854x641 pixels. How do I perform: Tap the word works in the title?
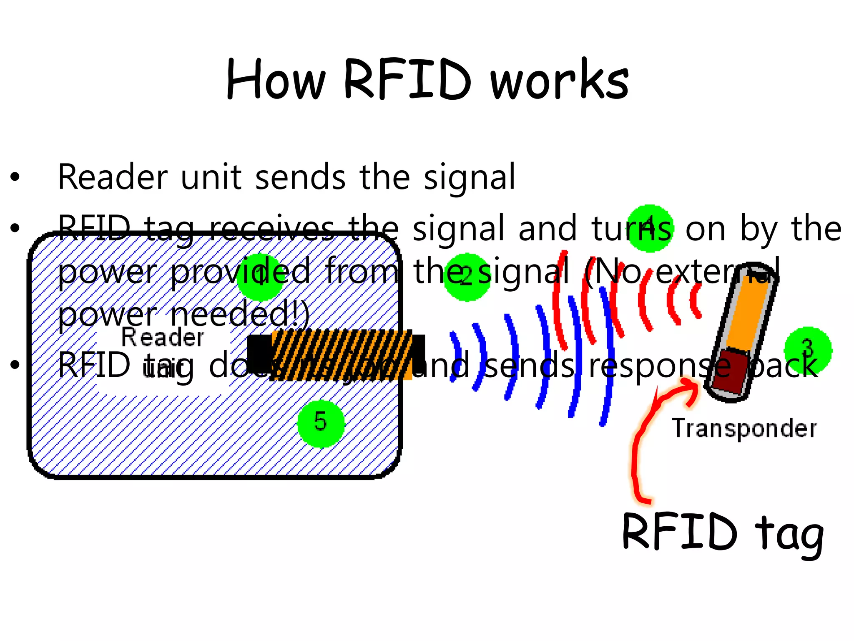point(560,80)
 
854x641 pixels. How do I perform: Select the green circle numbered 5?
point(321,423)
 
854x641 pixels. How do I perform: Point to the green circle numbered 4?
point(650,228)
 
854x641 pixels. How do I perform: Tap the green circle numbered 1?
point(261,277)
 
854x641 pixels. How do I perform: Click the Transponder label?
point(744,429)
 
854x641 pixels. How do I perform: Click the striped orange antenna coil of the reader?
point(342,355)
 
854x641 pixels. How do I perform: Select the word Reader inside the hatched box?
point(163,337)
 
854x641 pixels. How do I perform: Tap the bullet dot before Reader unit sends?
point(15,177)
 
